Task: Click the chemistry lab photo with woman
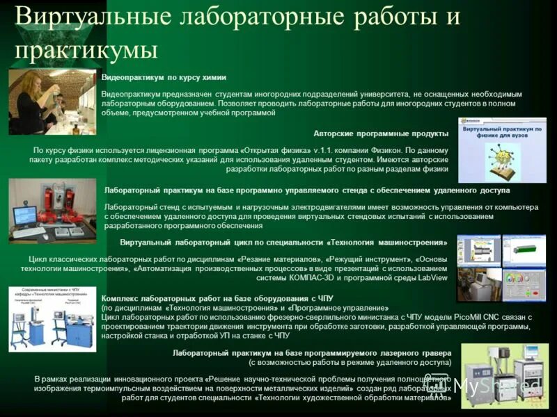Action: pos(52,101)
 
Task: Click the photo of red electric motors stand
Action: pos(52,211)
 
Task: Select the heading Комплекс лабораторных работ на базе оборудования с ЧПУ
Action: pos(217,298)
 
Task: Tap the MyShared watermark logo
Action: pos(487,386)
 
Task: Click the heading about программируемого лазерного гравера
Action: pos(311,352)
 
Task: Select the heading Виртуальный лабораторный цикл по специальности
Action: pos(283,243)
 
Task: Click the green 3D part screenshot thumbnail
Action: pos(524,250)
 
